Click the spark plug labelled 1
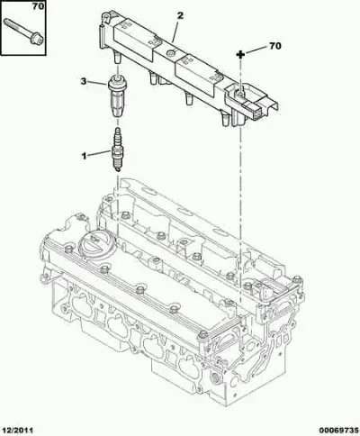pos(117,150)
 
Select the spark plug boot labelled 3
pos(117,96)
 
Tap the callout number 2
pos(180,15)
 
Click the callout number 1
pos(84,156)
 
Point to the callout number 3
pos(84,81)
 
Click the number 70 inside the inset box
pos(38,6)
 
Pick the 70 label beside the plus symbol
pos(274,46)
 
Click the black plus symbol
pos(240,54)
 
